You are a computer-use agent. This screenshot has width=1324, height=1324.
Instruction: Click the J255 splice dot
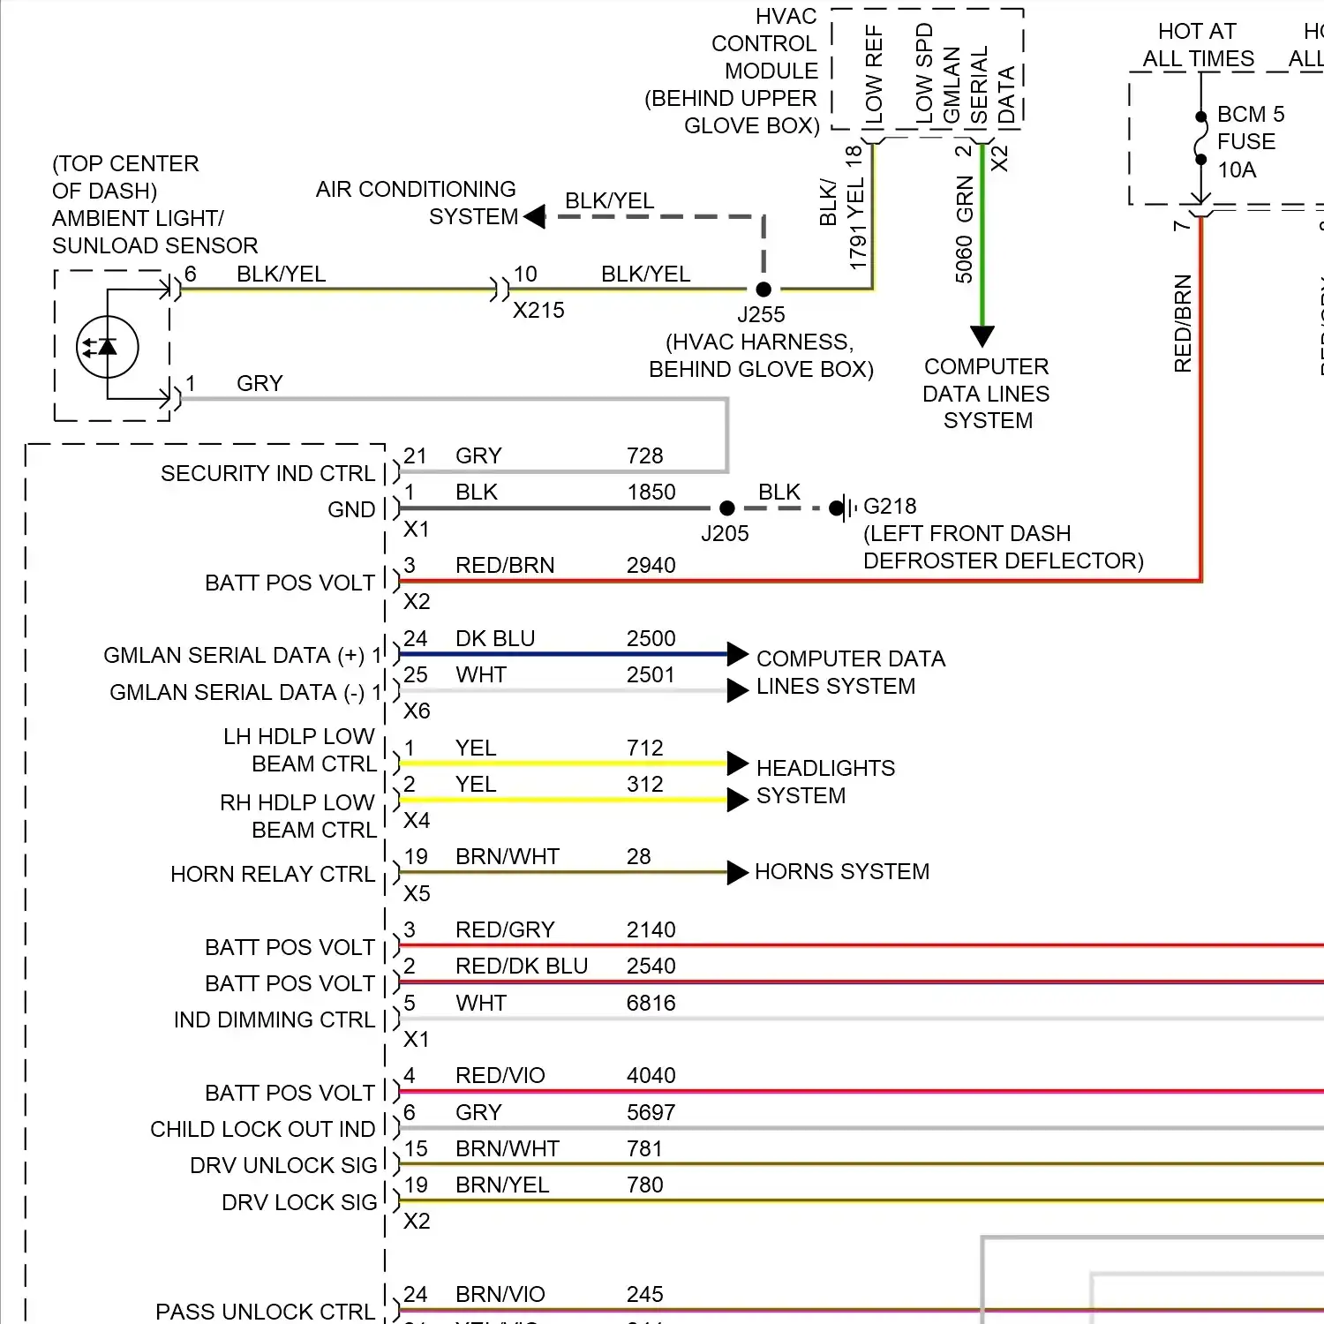click(764, 290)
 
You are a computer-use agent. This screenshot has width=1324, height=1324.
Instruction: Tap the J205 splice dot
click(727, 508)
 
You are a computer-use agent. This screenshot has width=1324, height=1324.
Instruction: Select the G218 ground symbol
click(842, 508)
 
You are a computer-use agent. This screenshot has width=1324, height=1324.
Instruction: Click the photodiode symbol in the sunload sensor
click(108, 347)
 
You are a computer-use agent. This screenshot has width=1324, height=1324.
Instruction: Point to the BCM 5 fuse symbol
click(1200, 139)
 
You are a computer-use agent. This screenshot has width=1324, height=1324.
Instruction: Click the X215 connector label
click(538, 311)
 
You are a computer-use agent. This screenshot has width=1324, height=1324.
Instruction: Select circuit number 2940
click(651, 566)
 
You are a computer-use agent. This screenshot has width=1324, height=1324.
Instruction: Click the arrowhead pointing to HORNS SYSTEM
click(738, 873)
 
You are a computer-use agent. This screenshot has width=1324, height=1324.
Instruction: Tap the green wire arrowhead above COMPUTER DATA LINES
click(982, 335)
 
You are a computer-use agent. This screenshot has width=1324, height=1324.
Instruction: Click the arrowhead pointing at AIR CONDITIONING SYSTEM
click(534, 216)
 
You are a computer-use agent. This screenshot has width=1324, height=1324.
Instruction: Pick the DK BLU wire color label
click(495, 639)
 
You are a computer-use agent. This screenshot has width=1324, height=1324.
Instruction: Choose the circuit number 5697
click(651, 1113)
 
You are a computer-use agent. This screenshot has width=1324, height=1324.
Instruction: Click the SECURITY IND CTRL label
click(267, 474)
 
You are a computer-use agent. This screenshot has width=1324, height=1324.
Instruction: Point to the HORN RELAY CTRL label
click(273, 875)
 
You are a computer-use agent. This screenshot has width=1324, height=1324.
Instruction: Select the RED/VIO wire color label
click(500, 1076)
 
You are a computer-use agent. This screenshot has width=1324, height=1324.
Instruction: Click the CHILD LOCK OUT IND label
click(262, 1130)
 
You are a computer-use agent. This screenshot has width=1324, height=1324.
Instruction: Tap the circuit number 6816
click(651, 1004)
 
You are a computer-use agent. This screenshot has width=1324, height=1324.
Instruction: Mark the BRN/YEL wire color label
click(502, 1185)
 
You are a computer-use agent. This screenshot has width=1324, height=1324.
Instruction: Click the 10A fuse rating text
click(1237, 170)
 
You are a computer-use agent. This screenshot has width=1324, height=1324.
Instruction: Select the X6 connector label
click(417, 711)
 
